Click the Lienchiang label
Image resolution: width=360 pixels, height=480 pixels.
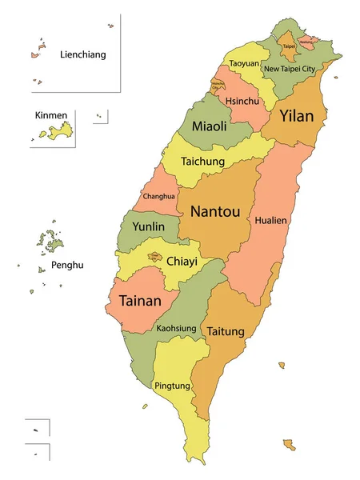pos(82,55)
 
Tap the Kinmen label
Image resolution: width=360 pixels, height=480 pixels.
pos(46,115)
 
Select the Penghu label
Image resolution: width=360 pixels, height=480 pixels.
pos(68,265)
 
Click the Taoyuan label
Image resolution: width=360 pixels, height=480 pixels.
pos(243,63)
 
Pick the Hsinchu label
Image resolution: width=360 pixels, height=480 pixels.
pos(241,102)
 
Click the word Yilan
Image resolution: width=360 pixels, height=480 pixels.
pos(296,116)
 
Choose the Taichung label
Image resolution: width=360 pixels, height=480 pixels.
pos(202,160)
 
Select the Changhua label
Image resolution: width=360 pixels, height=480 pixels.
pos(159,196)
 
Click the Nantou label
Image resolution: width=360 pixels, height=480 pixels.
pos(214,212)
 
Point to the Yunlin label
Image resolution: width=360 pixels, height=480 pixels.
pos(148,227)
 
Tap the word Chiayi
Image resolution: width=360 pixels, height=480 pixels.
pos(182,261)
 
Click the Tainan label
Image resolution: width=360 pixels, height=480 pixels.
pos(140,302)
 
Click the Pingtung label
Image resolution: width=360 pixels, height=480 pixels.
pos(173,386)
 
